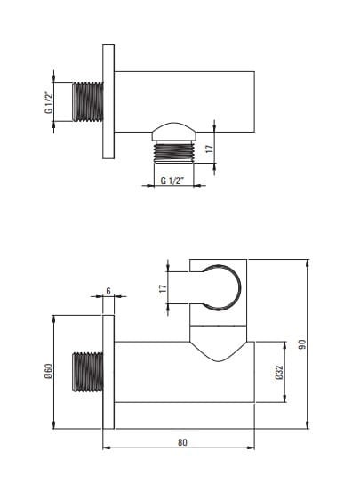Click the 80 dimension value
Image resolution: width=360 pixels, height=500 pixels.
(x=182, y=442)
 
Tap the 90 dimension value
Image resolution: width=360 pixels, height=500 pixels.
(x=301, y=344)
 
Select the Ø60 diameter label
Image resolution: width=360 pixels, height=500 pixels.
(x=48, y=371)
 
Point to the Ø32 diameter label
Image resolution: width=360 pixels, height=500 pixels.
(x=279, y=372)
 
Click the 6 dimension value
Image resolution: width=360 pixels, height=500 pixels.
(x=108, y=291)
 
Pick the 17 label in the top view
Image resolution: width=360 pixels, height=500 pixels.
(x=209, y=149)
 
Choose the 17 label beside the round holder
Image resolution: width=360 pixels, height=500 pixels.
(x=163, y=288)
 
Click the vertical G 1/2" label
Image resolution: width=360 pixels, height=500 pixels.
(x=48, y=102)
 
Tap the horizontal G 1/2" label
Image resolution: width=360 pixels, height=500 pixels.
(x=172, y=181)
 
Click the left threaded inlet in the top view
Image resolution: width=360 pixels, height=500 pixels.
(x=88, y=101)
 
